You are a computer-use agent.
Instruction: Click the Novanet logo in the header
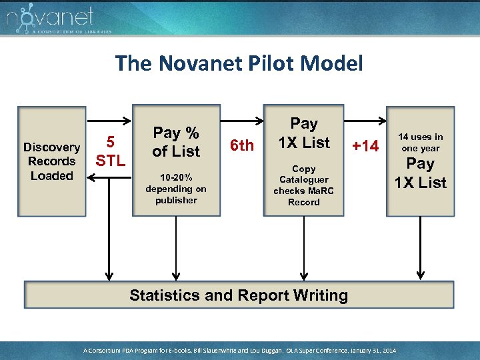click(50, 19)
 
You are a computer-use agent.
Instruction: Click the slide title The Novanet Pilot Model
click(239, 64)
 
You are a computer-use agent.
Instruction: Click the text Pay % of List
click(176, 142)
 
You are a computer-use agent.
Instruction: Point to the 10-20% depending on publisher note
click(176, 189)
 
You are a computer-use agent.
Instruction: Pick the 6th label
click(241, 145)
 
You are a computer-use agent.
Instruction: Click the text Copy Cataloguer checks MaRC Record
click(303, 185)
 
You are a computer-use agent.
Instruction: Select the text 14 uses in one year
click(421, 142)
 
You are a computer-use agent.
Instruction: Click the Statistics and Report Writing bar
click(239, 295)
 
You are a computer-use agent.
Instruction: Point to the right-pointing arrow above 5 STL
click(110, 122)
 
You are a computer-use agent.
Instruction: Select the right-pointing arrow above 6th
click(241, 122)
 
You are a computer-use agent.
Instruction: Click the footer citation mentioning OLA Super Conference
click(239, 350)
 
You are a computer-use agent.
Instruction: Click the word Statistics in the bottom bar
click(163, 295)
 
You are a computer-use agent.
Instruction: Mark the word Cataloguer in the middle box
click(304, 180)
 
